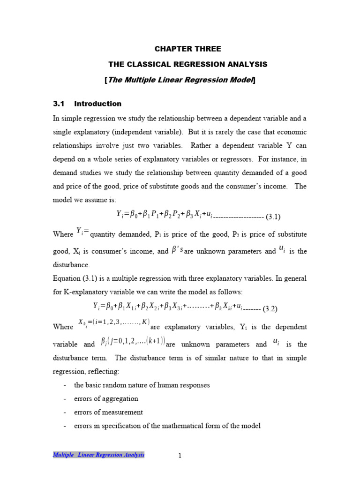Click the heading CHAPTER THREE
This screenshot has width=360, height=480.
[x=187, y=49]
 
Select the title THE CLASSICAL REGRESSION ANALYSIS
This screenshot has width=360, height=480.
[x=187, y=64]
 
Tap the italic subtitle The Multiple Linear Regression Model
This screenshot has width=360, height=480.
[x=181, y=80]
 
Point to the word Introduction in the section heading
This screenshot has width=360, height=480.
[x=97, y=104]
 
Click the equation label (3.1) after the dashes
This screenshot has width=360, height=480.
[x=273, y=217]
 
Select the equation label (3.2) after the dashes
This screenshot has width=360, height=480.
[x=270, y=308]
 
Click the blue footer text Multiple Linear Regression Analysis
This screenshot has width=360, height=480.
[x=98, y=455]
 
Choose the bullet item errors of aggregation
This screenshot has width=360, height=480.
[x=106, y=398]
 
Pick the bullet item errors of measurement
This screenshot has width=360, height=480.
[x=108, y=412]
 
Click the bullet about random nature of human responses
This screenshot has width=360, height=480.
[x=142, y=385]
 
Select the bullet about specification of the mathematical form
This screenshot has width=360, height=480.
[x=167, y=426]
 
